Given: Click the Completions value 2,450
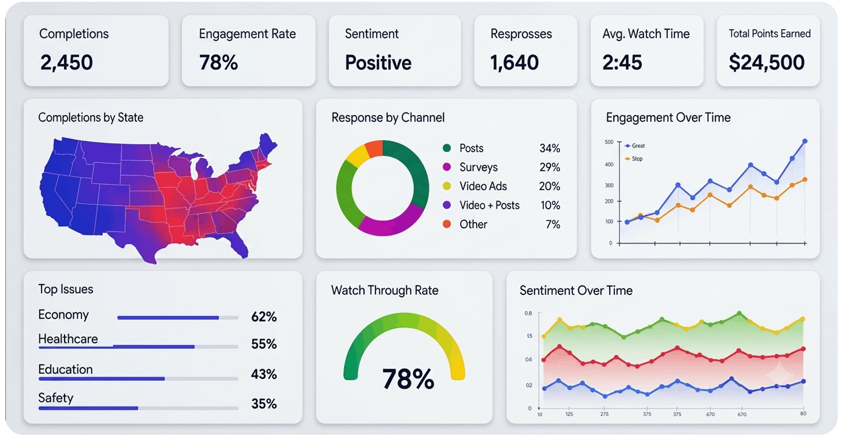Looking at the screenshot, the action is (67, 62).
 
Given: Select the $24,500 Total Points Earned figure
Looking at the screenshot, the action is (767, 62).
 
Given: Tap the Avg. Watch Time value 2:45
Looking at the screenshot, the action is (622, 62).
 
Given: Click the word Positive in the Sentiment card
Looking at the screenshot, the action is (378, 62).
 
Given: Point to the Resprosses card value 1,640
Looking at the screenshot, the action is (514, 62).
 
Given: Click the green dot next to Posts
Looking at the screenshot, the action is (447, 148).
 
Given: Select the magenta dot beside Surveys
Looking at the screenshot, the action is (447, 167).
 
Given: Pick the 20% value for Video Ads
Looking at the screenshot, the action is (549, 187).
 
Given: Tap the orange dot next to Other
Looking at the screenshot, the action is (447, 224).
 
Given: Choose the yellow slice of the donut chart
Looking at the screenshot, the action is (358, 155).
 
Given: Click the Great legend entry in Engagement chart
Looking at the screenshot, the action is (635, 146).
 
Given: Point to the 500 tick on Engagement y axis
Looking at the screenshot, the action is (609, 142).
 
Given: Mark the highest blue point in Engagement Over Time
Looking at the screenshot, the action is (805, 141).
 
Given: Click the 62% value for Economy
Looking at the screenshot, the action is (264, 317).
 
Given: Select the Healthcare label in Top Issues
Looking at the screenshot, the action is (68, 339).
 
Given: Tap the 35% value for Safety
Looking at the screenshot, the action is (264, 404).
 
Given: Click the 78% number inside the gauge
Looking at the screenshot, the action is (408, 378).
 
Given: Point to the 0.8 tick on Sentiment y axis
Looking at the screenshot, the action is (529, 313).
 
